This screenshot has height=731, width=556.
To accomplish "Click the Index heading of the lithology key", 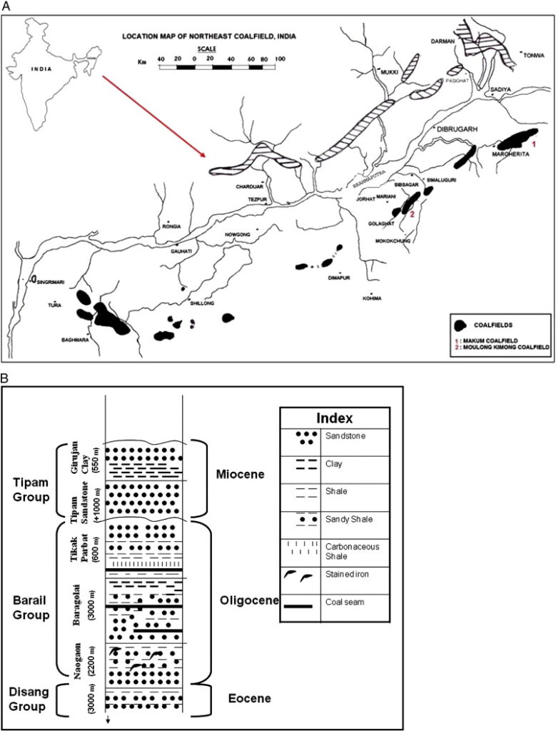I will (x=334, y=418).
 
